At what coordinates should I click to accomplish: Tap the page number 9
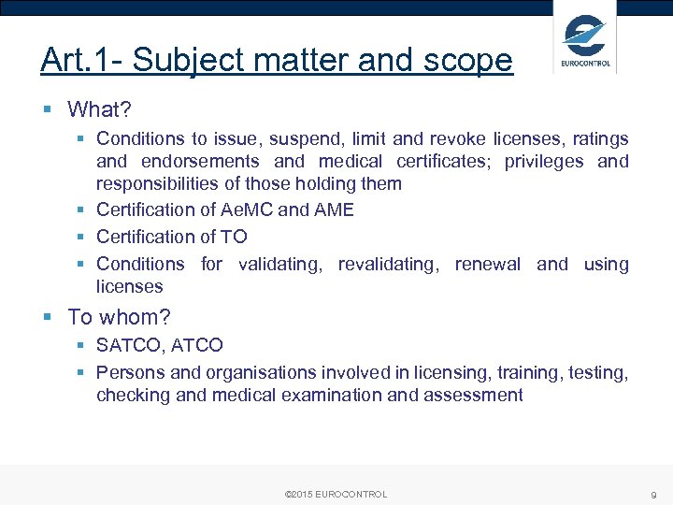(x=654, y=494)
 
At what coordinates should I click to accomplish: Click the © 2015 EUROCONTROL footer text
(x=336, y=494)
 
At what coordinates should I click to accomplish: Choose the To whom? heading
(x=120, y=317)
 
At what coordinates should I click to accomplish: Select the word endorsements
(x=200, y=161)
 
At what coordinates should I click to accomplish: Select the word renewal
(x=487, y=264)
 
